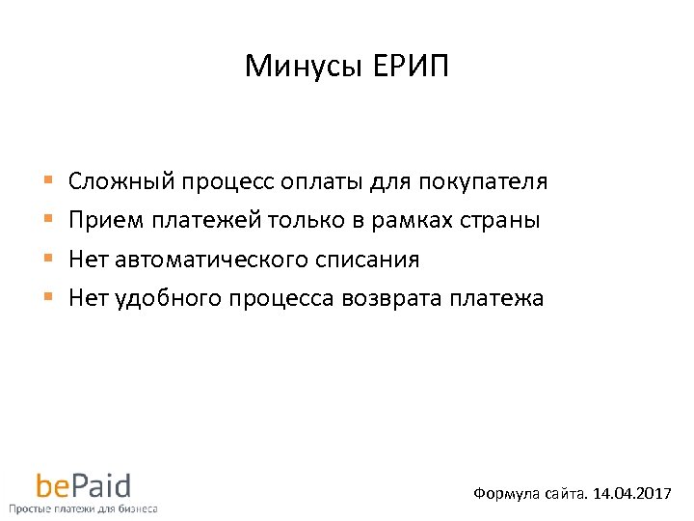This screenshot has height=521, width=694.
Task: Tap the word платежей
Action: [x=201, y=220]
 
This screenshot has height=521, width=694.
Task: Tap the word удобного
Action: [x=167, y=298]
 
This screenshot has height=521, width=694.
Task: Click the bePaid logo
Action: [x=83, y=485]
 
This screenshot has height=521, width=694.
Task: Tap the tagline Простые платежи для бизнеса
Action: [x=83, y=507]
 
